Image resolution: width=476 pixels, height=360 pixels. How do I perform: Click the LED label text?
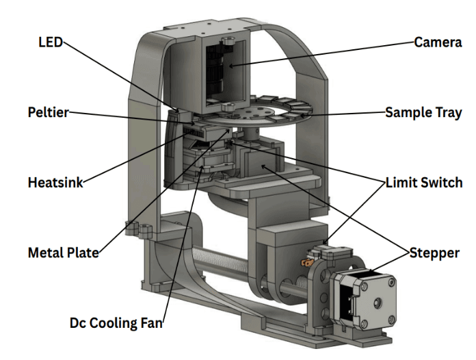click(49, 42)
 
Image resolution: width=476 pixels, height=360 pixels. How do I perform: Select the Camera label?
click(438, 42)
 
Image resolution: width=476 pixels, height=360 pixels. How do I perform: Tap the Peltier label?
click(48, 112)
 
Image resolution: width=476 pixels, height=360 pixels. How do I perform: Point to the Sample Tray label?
click(423, 112)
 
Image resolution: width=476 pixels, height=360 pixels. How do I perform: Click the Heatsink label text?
click(55, 183)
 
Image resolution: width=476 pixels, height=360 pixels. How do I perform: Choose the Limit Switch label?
click(423, 183)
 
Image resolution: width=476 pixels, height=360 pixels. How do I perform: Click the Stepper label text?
click(434, 253)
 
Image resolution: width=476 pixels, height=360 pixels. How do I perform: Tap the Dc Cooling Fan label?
click(116, 322)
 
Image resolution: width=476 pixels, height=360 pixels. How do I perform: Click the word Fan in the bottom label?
click(152, 322)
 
